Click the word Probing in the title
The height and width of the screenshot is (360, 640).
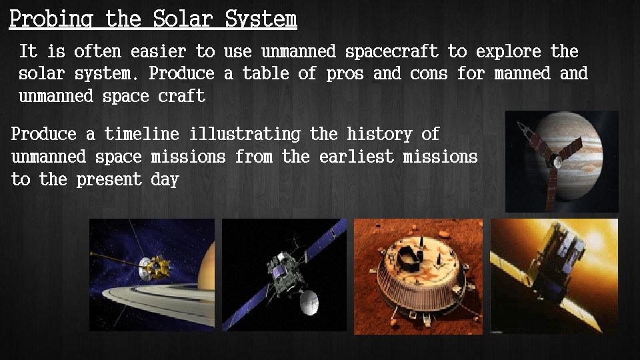tap(51, 19)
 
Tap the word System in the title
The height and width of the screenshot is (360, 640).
tap(261, 19)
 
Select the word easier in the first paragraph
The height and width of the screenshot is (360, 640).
tap(159, 51)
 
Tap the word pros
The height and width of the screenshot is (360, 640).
tap(344, 73)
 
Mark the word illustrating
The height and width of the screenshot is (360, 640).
tap(245, 134)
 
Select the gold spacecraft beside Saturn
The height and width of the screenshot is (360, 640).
tap(155, 267)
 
